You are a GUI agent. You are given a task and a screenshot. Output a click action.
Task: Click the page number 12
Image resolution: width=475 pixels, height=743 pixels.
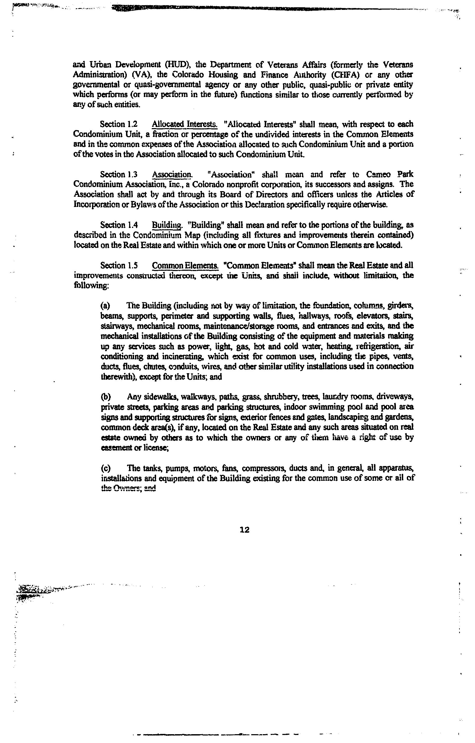(x=244, y=530)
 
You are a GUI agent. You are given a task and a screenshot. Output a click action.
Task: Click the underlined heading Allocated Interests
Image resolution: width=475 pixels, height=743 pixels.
(x=185, y=124)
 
